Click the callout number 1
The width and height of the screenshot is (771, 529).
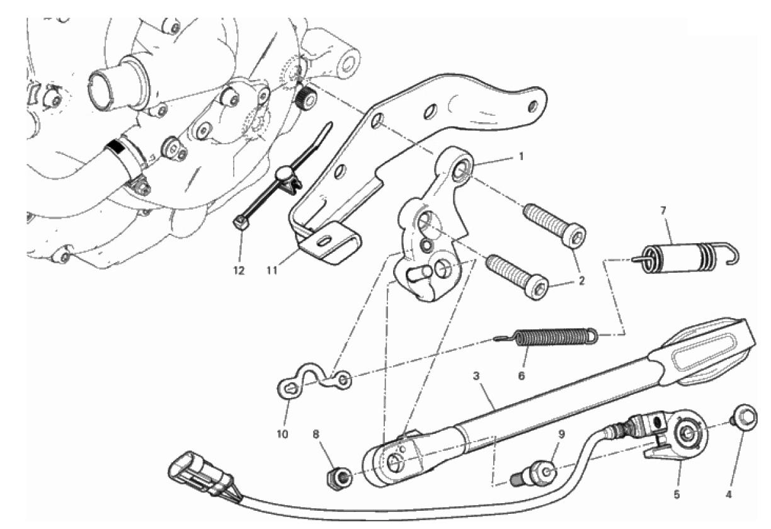[521, 157]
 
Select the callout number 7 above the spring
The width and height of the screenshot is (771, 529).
[663, 210]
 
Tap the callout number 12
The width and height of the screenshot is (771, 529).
[239, 271]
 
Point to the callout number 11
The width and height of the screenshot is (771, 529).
[272, 271]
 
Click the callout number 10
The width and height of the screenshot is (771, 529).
[282, 435]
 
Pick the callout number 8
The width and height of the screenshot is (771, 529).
[316, 435]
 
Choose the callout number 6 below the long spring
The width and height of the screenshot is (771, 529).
[522, 376]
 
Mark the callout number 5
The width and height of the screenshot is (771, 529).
[677, 495]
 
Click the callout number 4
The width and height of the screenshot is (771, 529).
[728, 495]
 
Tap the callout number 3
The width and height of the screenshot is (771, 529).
[476, 376]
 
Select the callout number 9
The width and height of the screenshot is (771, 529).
[561, 435]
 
